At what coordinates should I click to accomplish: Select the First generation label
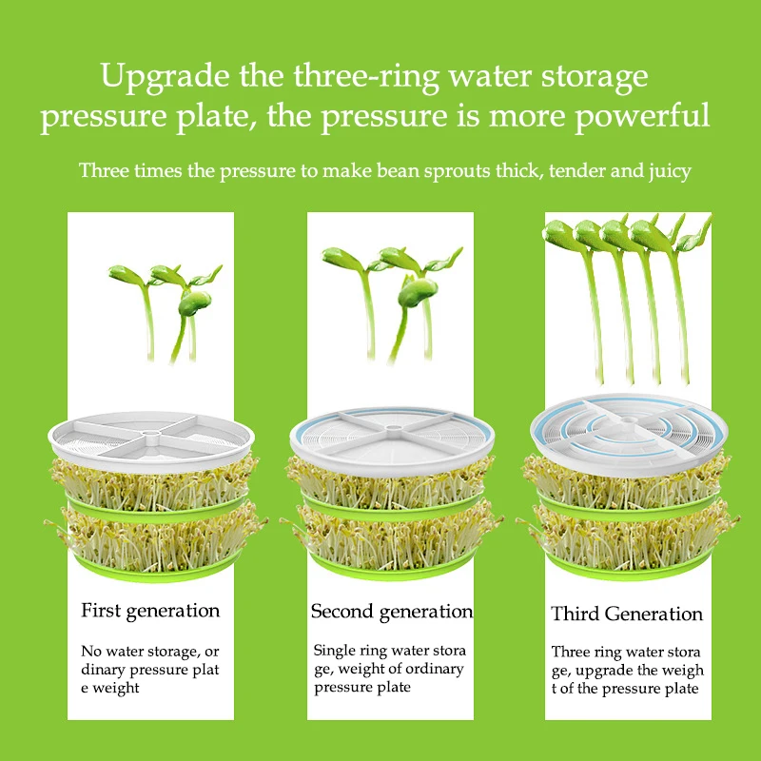point(150,611)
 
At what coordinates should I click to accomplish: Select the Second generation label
point(391,611)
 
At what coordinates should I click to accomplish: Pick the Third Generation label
point(627,614)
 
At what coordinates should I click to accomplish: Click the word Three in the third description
point(571,653)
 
